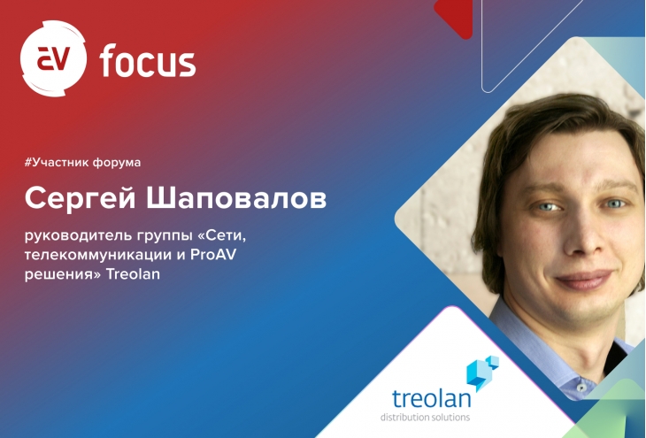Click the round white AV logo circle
(x=54, y=58)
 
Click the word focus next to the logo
(x=148, y=61)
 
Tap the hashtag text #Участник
(x=56, y=162)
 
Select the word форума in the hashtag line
(x=117, y=163)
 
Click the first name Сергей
(x=81, y=198)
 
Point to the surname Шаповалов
(x=236, y=198)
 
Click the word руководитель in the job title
(x=76, y=236)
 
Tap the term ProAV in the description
(x=213, y=254)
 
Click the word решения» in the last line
(x=63, y=274)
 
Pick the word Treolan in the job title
(x=133, y=273)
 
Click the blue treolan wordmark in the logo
(x=431, y=398)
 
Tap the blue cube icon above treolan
(x=482, y=373)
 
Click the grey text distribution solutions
(x=425, y=417)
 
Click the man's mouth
(x=585, y=279)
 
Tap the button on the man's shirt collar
(x=581, y=388)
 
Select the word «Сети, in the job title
(x=222, y=236)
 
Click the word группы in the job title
(x=163, y=238)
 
